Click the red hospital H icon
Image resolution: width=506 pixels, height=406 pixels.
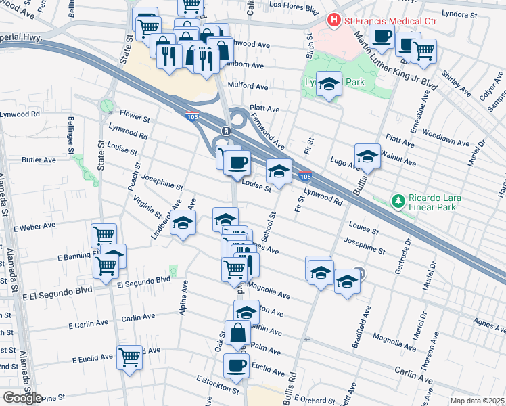(x=333, y=21)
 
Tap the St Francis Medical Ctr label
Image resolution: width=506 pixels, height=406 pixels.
(x=379, y=21)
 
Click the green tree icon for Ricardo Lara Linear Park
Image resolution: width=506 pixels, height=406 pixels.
(x=399, y=201)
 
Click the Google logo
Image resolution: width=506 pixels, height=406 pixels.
(x=22, y=398)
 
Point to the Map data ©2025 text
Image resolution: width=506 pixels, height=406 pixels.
(x=477, y=401)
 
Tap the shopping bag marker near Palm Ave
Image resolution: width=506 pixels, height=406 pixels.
(x=237, y=334)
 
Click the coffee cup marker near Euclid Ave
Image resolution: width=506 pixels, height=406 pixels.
(x=237, y=365)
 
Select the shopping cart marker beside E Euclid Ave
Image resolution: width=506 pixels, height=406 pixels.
(x=129, y=356)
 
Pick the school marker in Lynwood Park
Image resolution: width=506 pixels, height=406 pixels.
(x=329, y=84)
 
